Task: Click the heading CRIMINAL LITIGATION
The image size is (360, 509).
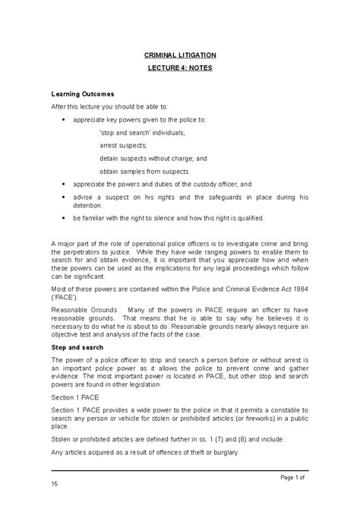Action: click(x=180, y=55)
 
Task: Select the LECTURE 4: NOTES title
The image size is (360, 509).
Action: click(x=180, y=68)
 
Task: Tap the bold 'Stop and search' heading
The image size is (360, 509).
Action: click(x=77, y=346)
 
